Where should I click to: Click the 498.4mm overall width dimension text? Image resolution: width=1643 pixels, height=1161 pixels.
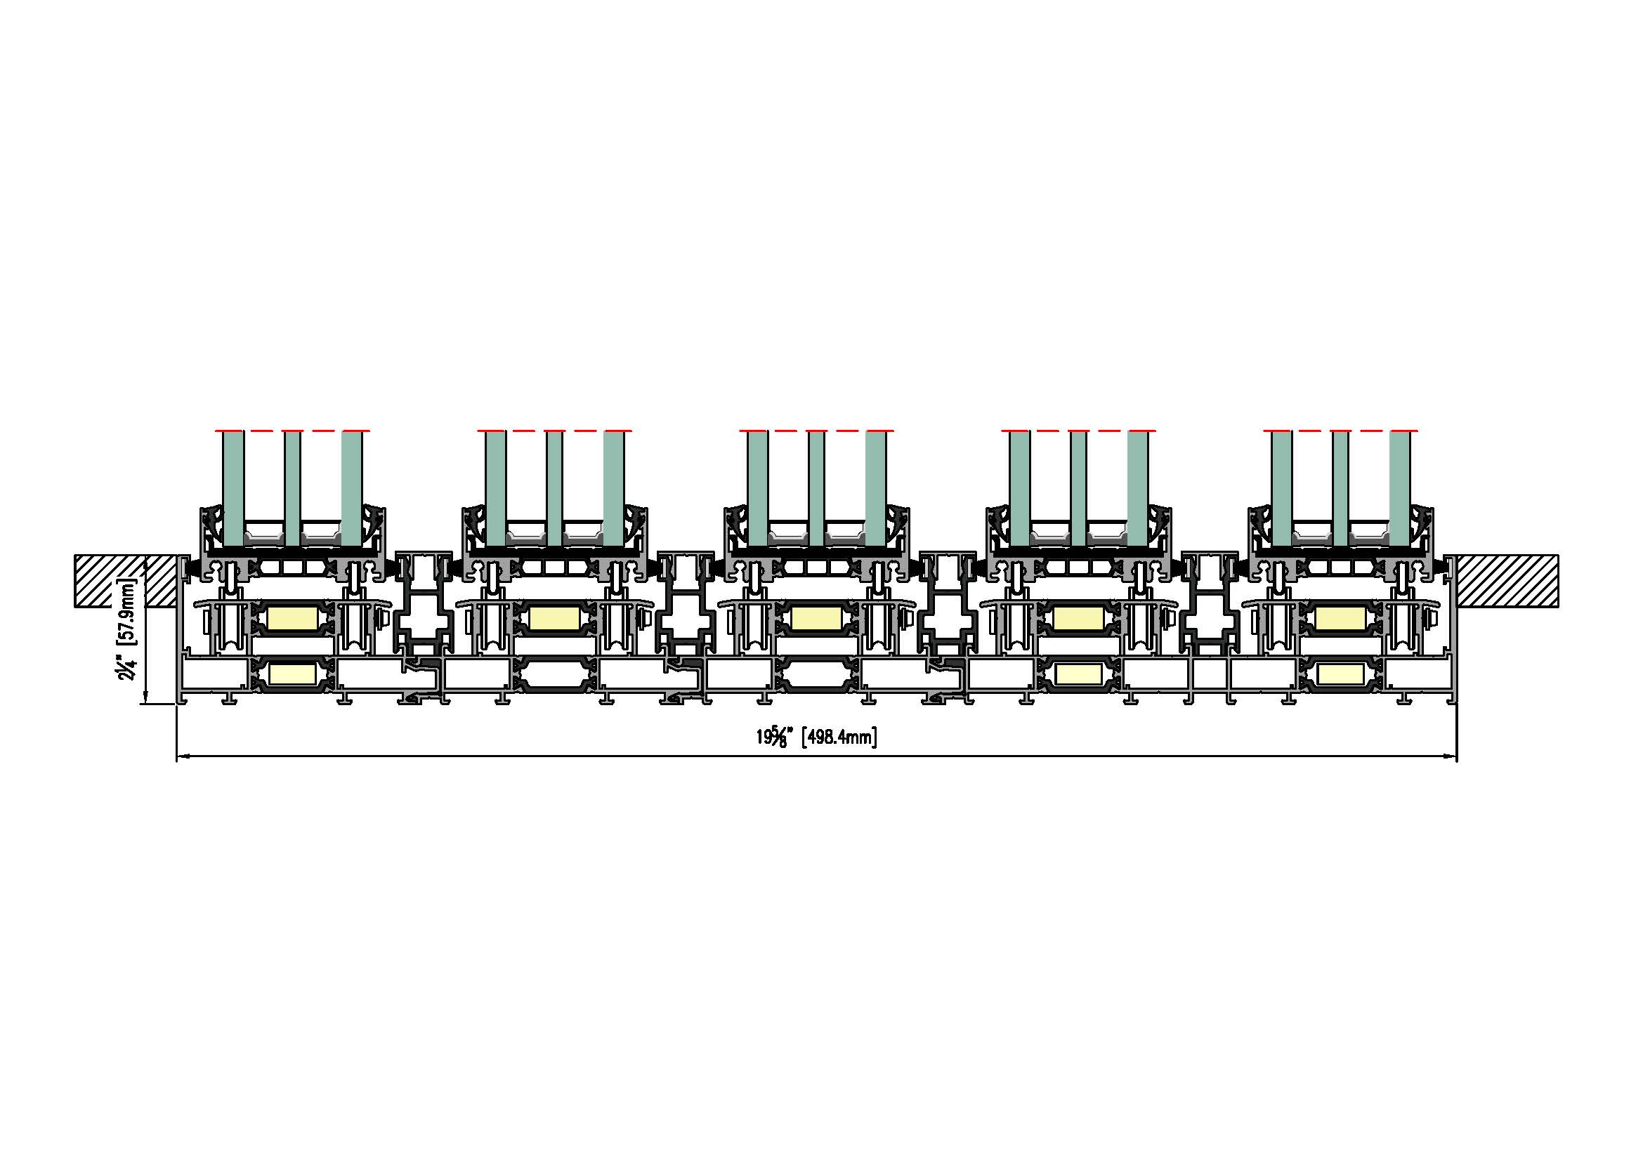[839, 737]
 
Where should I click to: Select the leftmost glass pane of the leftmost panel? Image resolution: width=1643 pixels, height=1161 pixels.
[233, 489]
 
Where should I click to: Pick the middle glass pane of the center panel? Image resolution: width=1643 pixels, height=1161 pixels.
[816, 489]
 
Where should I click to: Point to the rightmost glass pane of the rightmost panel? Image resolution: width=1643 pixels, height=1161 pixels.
[1400, 489]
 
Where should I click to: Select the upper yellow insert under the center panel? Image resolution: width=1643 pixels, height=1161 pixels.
[816, 618]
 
